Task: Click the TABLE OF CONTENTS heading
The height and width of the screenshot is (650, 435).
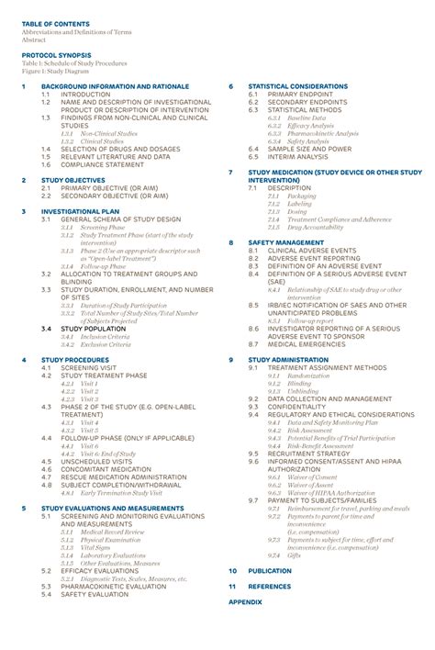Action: click(x=56, y=23)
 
